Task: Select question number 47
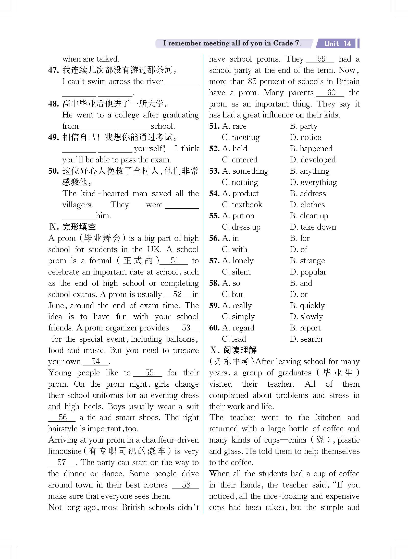click(54, 70)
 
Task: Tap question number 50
click(54, 171)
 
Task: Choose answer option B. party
click(304, 126)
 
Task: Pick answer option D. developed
click(313, 160)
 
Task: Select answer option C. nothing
click(240, 182)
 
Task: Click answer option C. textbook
click(242, 205)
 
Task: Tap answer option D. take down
click(313, 227)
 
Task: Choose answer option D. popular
click(308, 272)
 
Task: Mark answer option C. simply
click(238, 317)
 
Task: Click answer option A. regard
click(238, 328)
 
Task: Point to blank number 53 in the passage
click(186, 328)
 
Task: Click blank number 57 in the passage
click(61, 462)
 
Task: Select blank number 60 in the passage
click(331, 93)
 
